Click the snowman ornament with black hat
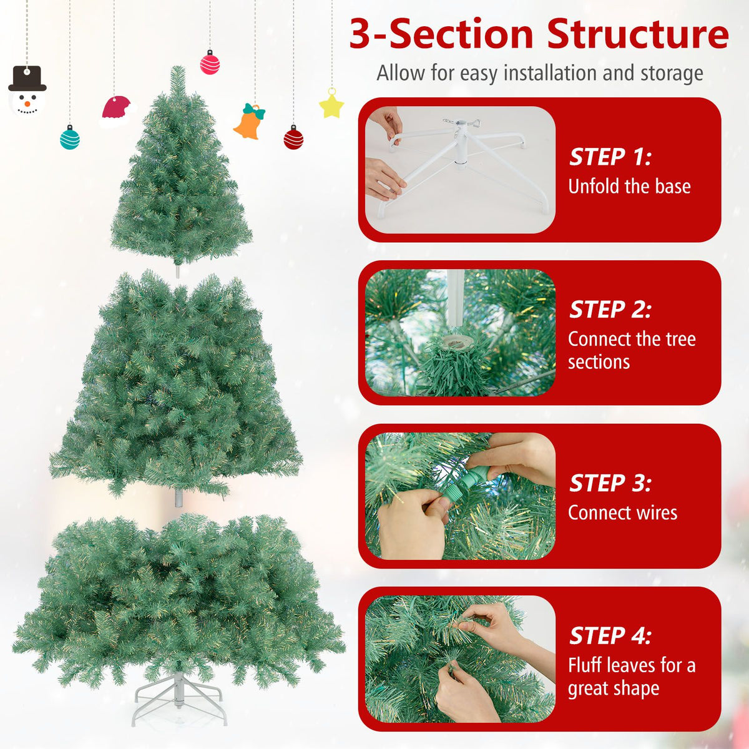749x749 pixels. pyautogui.click(x=27, y=92)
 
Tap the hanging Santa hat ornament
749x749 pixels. pyautogui.click(x=117, y=110)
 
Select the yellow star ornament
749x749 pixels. pyautogui.click(x=331, y=104)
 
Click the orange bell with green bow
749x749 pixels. pyautogui.click(x=250, y=122)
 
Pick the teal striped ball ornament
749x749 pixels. pyautogui.click(x=70, y=137)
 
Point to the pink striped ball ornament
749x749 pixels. pyautogui.click(x=210, y=63)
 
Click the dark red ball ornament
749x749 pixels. pyautogui.click(x=293, y=137)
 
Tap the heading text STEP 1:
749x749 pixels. pyautogui.click(x=610, y=157)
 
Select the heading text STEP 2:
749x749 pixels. pyautogui.click(x=610, y=310)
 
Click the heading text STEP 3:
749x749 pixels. pyautogui.click(x=610, y=483)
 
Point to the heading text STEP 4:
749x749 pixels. pyautogui.click(x=610, y=635)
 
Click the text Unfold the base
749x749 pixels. pyautogui.click(x=629, y=186)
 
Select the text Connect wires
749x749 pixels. pyautogui.click(x=622, y=512)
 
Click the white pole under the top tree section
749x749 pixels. pyautogui.click(x=177, y=271)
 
